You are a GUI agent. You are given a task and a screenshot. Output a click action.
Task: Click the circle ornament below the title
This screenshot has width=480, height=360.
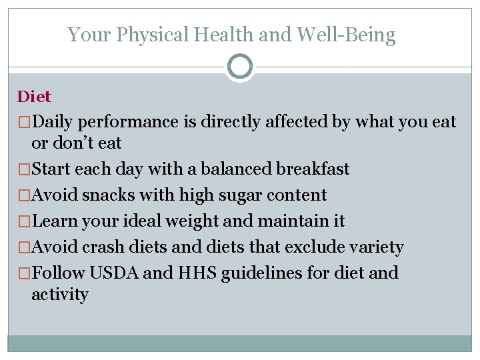click(239, 67)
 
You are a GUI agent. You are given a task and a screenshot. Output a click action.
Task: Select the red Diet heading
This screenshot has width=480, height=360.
click(34, 97)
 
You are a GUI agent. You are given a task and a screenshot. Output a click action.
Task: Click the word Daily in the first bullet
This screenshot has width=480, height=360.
click(54, 122)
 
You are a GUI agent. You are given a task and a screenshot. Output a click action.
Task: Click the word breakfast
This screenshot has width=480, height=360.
click(313, 169)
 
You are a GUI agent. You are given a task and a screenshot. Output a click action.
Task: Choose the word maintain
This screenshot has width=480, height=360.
click(293, 221)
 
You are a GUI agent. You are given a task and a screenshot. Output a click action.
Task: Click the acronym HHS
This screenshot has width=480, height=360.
click(184, 273)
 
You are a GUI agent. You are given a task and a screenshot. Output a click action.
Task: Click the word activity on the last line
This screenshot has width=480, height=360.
click(59, 295)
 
